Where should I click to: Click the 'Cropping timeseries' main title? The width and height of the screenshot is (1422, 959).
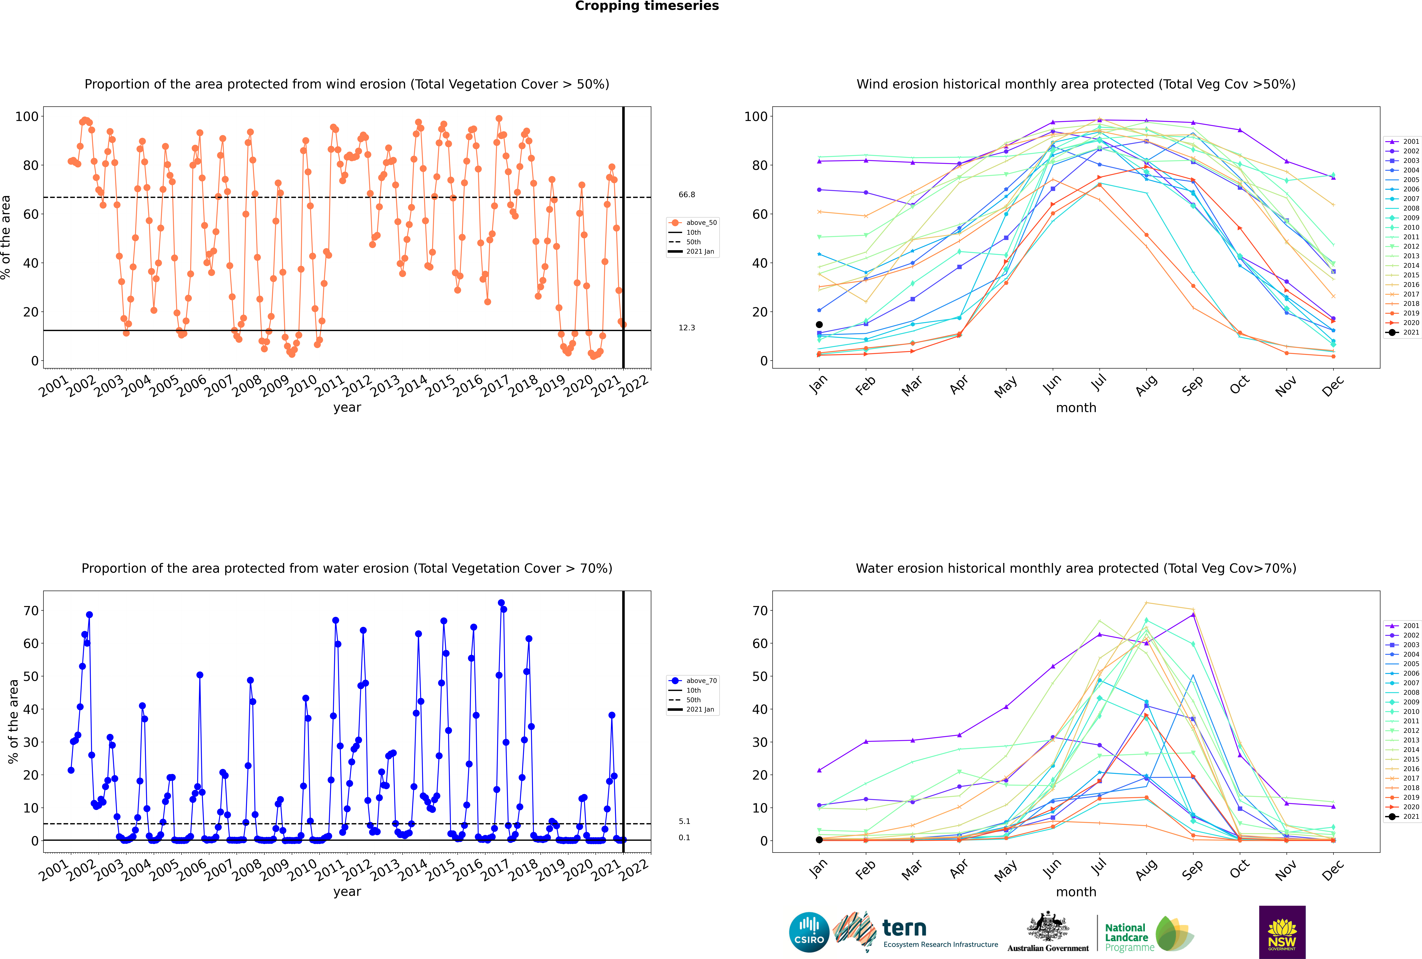coord(647,6)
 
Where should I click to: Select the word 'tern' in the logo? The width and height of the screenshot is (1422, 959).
coord(904,928)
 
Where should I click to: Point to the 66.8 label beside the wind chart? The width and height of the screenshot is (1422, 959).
coord(686,194)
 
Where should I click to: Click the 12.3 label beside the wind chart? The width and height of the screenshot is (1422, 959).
coord(686,328)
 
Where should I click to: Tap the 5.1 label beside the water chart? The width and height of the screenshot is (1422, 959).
coord(684,821)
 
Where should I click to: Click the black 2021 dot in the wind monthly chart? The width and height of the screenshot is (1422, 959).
coord(819,325)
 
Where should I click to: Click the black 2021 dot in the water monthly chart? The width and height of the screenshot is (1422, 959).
coord(819,840)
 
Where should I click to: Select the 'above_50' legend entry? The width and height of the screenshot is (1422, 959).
coord(693,223)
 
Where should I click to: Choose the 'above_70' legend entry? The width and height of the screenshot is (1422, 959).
coord(693,681)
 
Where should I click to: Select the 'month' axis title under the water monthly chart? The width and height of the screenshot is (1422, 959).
coord(1076,892)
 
